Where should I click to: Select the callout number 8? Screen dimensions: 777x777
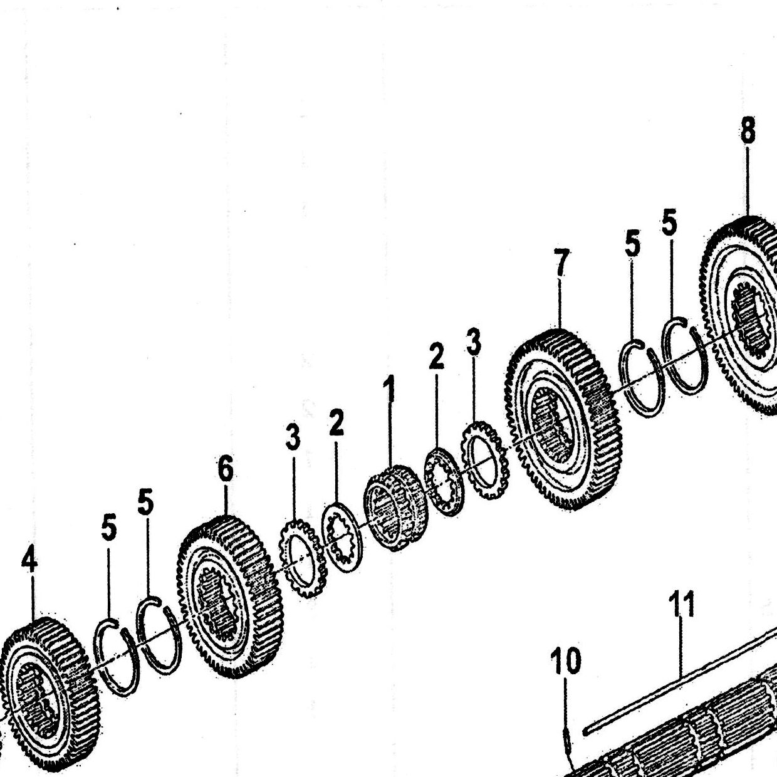pyautogui.click(x=748, y=130)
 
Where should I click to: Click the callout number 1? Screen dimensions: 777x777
pyautogui.click(x=388, y=388)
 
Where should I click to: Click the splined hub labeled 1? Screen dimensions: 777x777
pyautogui.click(x=395, y=508)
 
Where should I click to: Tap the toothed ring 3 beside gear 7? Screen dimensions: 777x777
pyautogui.click(x=484, y=460)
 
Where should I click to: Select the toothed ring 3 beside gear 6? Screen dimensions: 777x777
pyautogui.click(x=303, y=564)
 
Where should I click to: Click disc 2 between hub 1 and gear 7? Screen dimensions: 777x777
pyautogui.click(x=444, y=481)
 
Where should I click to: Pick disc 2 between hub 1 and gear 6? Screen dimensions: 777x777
pyautogui.click(x=342, y=537)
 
